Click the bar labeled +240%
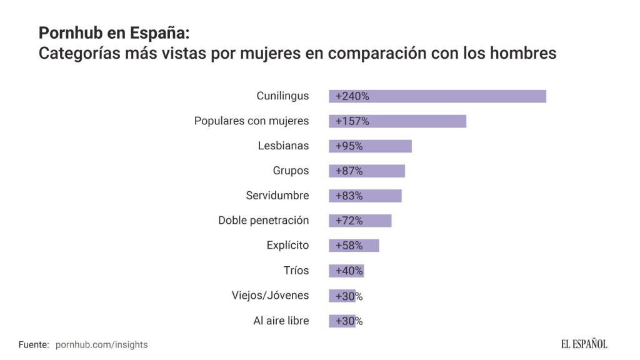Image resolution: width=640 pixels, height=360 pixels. [x=437, y=96]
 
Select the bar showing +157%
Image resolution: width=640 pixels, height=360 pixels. [x=397, y=121]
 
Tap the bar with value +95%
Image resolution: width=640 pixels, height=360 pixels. [x=370, y=146]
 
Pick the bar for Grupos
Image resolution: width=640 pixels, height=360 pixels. [x=367, y=171]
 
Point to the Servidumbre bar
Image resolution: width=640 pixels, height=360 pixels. [x=365, y=196]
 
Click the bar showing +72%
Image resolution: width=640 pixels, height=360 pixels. [x=360, y=221]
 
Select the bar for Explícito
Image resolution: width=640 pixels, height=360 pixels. [x=354, y=246]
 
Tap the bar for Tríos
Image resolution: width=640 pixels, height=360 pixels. [x=346, y=271]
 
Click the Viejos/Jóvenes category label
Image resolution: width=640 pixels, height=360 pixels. [x=270, y=296]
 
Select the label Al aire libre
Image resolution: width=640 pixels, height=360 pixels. [x=281, y=321]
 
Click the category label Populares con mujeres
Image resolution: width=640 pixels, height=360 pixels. [x=251, y=121]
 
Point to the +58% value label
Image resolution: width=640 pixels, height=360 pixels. [x=349, y=246]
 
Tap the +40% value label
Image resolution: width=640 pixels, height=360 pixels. [x=349, y=271]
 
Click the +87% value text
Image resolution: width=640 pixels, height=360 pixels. [x=349, y=171]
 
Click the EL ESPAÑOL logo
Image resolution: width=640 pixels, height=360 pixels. [x=584, y=344]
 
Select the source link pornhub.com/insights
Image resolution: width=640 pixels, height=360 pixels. [x=102, y=344]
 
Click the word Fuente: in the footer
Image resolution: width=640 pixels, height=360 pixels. [x=34, y=344]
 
